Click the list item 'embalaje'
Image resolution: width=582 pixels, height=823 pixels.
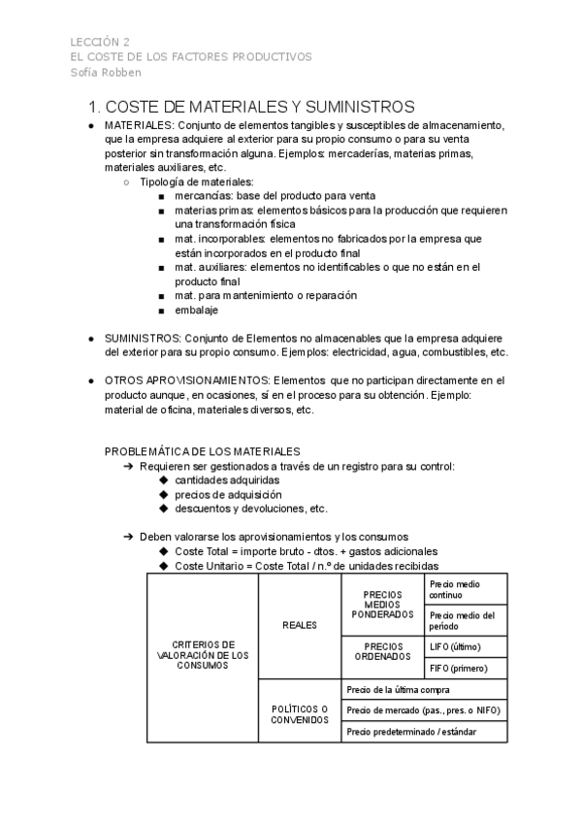tap(196, 310)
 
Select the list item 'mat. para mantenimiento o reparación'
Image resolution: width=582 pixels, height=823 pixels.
tap(266, 295)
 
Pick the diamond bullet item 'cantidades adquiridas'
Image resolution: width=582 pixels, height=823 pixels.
tap(227, 479)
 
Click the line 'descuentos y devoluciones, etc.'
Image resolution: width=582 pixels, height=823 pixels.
tap(251, 508)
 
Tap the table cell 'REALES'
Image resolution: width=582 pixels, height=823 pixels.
tap(300, 626)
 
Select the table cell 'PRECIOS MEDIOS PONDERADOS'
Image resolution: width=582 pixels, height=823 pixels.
tap(382, 605)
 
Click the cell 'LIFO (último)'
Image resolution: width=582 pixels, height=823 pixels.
tap(455, 646)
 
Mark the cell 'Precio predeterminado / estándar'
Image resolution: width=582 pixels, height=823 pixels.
tap(411, 731)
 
